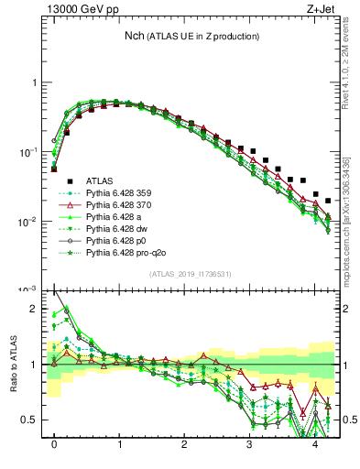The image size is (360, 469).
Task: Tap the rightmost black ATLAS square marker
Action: click(328, 201)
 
